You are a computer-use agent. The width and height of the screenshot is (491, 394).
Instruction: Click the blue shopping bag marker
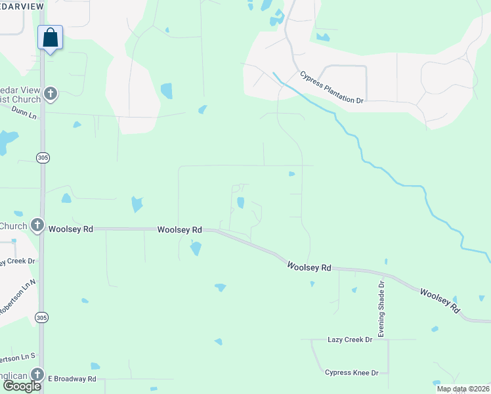point(51,37)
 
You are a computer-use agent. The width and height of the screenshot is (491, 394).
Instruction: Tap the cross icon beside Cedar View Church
point(51,94)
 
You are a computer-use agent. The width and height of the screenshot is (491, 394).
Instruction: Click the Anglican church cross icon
point(37,374)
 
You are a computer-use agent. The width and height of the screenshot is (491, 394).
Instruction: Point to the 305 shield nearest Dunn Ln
point(42,158)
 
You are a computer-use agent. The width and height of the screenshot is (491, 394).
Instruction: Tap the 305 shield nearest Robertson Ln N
point(42,318)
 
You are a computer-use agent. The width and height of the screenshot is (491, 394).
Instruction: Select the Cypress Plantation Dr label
point(331,87)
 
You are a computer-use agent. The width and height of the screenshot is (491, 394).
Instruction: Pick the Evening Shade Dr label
point(381,306)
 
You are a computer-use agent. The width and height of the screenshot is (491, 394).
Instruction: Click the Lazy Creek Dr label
point(350,339)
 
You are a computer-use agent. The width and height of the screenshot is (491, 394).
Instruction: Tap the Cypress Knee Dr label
point(352,373)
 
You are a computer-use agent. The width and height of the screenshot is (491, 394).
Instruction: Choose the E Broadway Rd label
point(72,379)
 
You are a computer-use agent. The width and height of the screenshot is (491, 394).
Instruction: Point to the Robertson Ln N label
point(16,299)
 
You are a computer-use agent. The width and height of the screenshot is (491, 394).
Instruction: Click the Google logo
point(22,385)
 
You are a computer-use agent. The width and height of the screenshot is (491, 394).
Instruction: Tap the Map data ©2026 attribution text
point(462,389)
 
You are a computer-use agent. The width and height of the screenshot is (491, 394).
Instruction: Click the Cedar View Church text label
point(20,95)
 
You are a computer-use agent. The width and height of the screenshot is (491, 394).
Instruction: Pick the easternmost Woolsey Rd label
point(440,301)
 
